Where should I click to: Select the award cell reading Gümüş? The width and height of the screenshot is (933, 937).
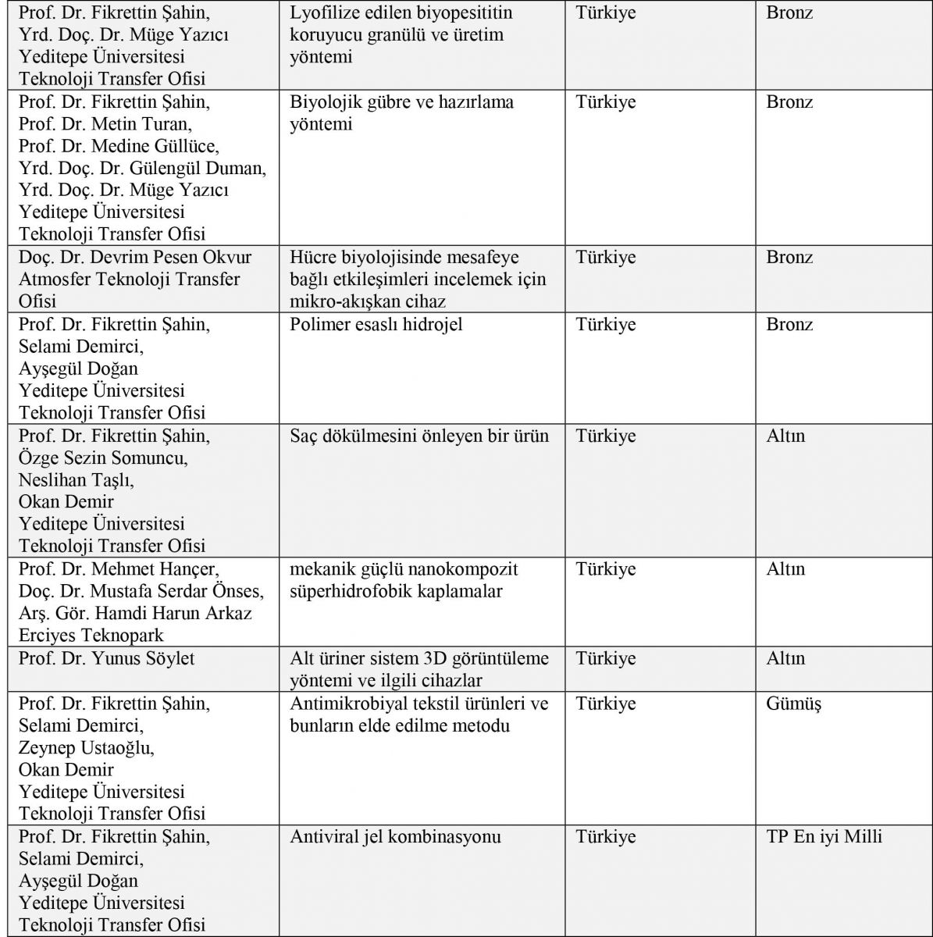(793, 704)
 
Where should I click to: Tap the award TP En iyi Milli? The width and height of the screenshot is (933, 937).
(824, 837)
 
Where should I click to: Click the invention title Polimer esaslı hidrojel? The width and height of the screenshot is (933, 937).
(376, 324)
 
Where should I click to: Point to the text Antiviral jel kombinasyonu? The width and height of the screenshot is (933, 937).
(395, 837)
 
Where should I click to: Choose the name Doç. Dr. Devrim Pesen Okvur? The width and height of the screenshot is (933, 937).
(135, 258)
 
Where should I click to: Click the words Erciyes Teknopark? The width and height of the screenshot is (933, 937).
(91, 636)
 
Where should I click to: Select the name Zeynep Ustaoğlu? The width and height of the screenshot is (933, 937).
(87, 748)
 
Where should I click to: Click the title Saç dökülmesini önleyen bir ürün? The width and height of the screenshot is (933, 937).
(419, 436)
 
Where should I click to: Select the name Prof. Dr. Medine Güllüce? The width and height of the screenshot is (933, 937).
(119, 146)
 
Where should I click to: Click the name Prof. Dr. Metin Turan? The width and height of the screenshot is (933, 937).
(105, 124)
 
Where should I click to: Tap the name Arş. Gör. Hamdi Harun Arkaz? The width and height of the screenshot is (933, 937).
(135, 614)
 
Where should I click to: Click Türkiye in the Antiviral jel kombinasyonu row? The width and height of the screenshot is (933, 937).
(606, 837)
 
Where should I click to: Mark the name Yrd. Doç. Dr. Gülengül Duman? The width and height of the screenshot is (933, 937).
(142, 168)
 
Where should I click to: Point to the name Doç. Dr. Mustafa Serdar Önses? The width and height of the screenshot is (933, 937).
(141, 591)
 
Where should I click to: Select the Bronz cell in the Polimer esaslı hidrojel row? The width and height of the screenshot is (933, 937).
(789, 324)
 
